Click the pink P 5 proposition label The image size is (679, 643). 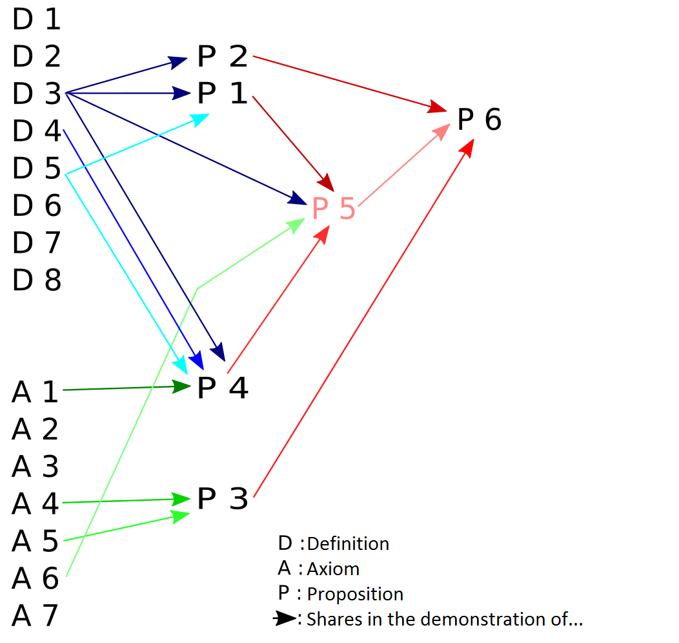coord(333,209)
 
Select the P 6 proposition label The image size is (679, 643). coord(479,120)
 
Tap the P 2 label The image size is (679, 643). coord(223,58)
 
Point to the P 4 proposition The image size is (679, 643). coord(223,388)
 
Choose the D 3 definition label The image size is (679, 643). coord(37,94)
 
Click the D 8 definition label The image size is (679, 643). coord(37,280)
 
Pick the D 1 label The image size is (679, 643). coord(37,20)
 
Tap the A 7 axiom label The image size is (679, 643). coord(35,615)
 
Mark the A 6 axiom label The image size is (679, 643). coord(35,578)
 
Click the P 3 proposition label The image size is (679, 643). coord(223,499)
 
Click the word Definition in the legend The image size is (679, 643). coord(348,544)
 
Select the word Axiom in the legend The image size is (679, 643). coord(333,569)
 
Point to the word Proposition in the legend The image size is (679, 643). coord(355,595)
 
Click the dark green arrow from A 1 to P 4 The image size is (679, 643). coord(123,388)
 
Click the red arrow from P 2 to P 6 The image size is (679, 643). coord(349,82)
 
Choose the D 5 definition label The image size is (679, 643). coord(37,169)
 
